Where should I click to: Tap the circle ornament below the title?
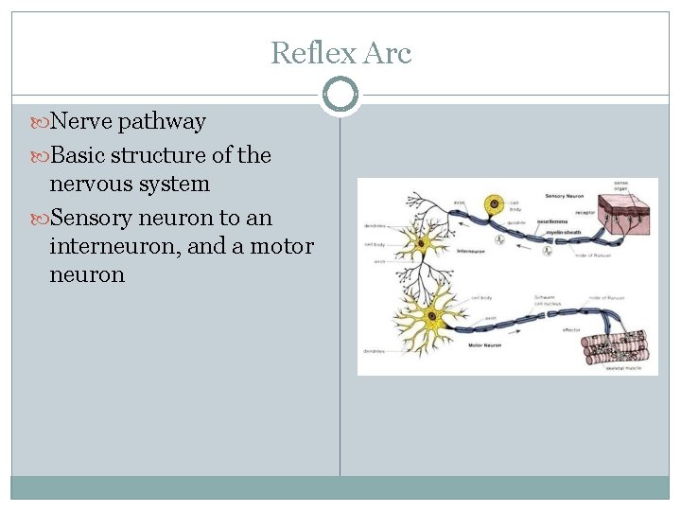[x=340, y=94]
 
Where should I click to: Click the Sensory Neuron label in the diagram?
[x=565, y=196]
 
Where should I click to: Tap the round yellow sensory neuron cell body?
[x=493, y=204]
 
